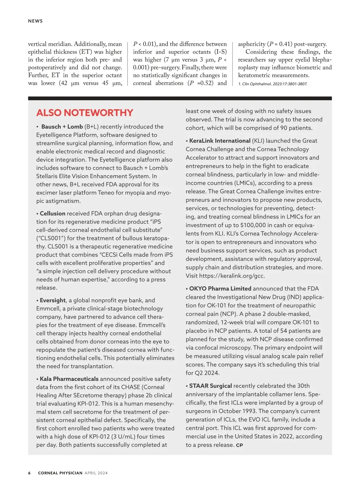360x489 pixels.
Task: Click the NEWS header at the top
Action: (x=35, y=21)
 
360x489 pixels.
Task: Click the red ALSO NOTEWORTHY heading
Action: (x=85, y=113)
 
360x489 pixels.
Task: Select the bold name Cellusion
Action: (x=52, y=213)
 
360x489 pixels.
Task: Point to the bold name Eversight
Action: (x=52, y=300)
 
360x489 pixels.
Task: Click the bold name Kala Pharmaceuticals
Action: (x=69, y=379)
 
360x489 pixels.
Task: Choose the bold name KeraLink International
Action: (x=220, y=141)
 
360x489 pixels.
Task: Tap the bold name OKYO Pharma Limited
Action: (x=220, y=288)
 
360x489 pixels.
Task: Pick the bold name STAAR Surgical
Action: (x=210, y=386)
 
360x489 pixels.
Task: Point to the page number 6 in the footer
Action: (x=29, y=473)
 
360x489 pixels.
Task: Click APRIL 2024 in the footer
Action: (x=96, y=473)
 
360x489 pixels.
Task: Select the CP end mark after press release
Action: (x=239, y=446)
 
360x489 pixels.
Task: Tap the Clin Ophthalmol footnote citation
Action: (x=272, y=84)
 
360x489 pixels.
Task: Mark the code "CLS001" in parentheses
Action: (x=51, y=238)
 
